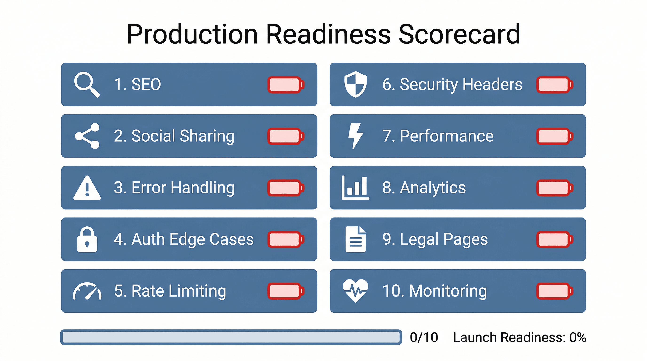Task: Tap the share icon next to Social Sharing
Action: click(x=87, y=136)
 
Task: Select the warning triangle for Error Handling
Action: click(x=87, y=188)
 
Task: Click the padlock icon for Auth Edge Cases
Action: click(x=87, y=239)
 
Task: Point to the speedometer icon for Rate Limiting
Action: click(x=87, y=291)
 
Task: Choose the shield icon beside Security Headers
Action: click(x=355, y=84)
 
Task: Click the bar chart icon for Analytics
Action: click(x=355, y=188)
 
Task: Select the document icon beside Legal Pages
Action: click(x=355, y=239)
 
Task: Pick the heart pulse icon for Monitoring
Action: click(x=355, y=291)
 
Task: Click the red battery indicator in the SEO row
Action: click(x=286, y=85)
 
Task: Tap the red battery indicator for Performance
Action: click(x=555, y=136)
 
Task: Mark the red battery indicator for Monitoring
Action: click(x=555, y=291)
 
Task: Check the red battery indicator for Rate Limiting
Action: click(x=286, y=291)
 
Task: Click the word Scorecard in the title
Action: click(x=459, y=34)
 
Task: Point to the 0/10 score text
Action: click(x=424, y=337)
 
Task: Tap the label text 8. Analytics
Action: click(x=424, y=188)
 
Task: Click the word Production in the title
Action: click(x=192, y=34)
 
